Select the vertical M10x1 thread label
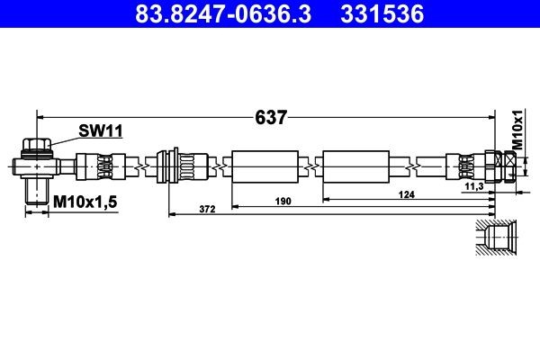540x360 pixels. (x=517, y=130)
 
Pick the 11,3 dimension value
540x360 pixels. (x=474, y=186)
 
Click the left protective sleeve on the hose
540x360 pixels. (x=264, y=166)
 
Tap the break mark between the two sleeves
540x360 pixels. (x=310, y=166)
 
